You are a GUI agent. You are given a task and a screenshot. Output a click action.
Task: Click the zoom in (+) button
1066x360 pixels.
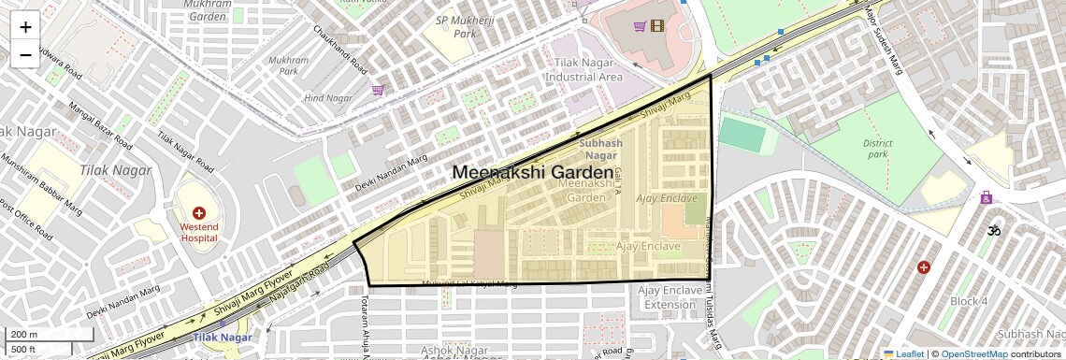[25, 26]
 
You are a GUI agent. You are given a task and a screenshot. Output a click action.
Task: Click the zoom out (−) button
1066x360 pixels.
[25, 54]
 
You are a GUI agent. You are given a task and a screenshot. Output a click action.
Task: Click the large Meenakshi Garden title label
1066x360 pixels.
[534, 173]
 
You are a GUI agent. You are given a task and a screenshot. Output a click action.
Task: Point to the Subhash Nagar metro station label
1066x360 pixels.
[600, 150]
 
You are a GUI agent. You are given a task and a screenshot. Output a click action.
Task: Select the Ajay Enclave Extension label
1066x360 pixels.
[669, 297]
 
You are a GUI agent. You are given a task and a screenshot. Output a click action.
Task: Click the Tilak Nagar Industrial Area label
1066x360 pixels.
[583, 70]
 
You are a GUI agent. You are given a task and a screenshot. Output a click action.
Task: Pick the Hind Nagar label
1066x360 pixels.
[325, 97]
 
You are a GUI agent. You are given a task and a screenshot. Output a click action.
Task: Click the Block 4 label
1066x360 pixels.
[968, 301]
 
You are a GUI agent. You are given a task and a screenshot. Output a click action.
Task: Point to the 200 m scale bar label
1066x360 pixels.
[23, 334]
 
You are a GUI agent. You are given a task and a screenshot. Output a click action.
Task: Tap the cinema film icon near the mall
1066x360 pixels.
[657, 26]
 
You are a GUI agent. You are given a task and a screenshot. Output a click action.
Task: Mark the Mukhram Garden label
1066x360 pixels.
[208, 9]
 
